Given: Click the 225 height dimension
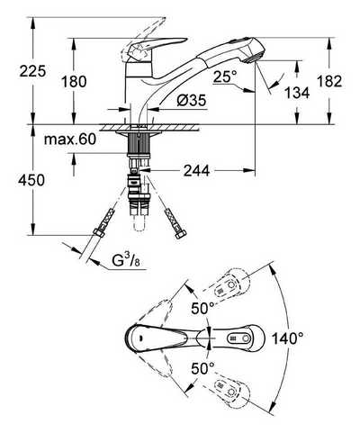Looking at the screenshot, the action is point(32,71).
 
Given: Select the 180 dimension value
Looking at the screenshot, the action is point(74,81).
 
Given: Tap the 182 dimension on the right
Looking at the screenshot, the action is point(329,81).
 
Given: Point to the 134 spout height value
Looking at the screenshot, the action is point(297,93).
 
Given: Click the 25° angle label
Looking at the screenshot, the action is point(225,77).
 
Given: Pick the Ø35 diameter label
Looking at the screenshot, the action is point(192,100).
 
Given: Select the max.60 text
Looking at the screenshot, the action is point(70,140).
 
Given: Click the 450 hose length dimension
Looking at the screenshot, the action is point(31,180).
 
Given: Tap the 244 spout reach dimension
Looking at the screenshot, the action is point(197,171).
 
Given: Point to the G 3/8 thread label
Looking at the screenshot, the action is point(126,260).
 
